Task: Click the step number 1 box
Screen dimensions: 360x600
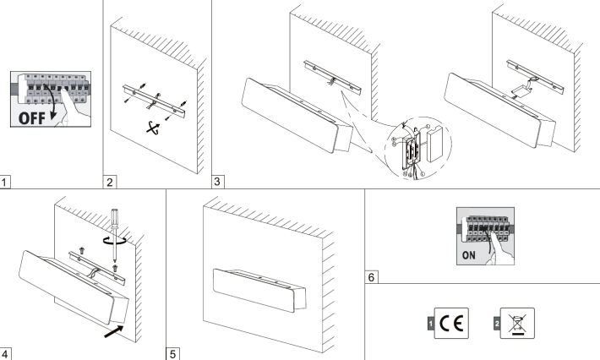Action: tap(7, 181)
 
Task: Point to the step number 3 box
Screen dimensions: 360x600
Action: tap(219, 181)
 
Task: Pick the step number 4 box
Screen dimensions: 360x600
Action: tap(7, 353)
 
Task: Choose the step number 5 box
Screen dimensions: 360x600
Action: tap(174, 353)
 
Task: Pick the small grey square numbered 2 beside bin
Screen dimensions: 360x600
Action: tap(497, 323)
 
